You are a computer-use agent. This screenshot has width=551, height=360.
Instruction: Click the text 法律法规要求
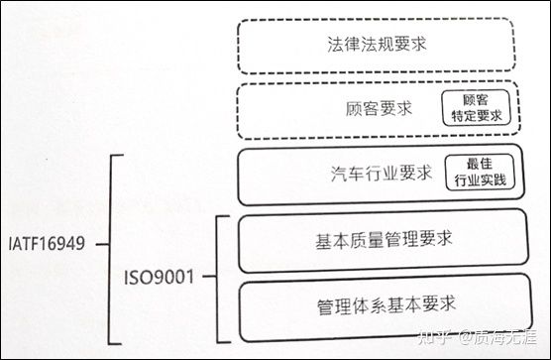[374, 46]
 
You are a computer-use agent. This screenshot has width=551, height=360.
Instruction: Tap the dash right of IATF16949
[101, 241]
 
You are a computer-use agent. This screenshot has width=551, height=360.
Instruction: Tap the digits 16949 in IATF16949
[66, 241]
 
